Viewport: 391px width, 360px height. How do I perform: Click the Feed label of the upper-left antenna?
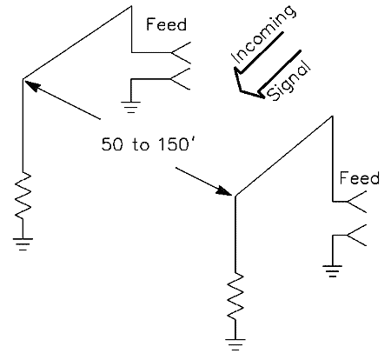(166, 24)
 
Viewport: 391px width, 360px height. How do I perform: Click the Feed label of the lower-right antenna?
(359, 177)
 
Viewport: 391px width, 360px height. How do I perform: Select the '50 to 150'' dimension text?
(146, 143)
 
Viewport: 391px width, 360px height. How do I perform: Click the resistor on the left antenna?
(23, 196)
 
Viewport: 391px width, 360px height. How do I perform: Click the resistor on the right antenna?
(235, 297)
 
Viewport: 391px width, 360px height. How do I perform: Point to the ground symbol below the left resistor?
(23, 244)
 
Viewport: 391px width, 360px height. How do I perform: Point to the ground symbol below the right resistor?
(235, 344)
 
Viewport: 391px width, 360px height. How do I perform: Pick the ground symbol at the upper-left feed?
(130, 107)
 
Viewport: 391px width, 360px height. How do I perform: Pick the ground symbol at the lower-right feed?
(333, 271)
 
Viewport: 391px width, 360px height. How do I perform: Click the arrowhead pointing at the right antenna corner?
(224, 190)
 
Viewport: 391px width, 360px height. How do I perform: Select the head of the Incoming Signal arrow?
(246, 85)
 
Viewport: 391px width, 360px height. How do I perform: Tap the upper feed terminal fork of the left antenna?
(181, 52)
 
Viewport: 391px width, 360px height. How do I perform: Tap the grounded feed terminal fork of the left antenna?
(181, 79)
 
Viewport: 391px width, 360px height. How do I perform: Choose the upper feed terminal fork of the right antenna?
(357, 202)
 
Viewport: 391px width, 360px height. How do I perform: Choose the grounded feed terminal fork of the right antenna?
(357, 235)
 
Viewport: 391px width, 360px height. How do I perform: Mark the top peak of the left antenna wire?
(132, 6)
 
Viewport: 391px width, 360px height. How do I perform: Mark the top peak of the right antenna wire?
(332, 117)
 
